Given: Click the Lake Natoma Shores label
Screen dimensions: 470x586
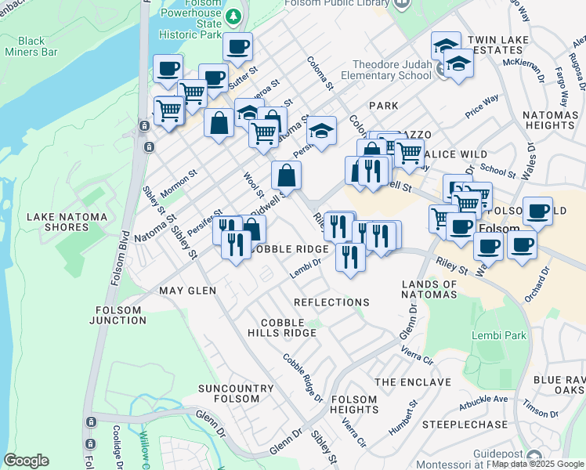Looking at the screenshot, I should coord(57,222).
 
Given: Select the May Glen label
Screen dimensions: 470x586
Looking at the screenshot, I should coord(187,291).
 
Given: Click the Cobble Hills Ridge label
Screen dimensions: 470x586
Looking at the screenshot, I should coord(288,327).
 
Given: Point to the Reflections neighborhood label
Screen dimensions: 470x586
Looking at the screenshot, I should coord(331,302).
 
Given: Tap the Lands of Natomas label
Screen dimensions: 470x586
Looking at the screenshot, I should coord(429,289).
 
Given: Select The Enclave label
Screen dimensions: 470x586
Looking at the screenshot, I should coord(413,382).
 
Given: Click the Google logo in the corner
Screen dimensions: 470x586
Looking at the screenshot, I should coord(26,461).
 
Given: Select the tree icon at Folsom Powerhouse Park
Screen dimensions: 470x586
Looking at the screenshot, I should coord(233,16).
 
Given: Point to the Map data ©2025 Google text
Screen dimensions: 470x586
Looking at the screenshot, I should coord(538,464).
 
